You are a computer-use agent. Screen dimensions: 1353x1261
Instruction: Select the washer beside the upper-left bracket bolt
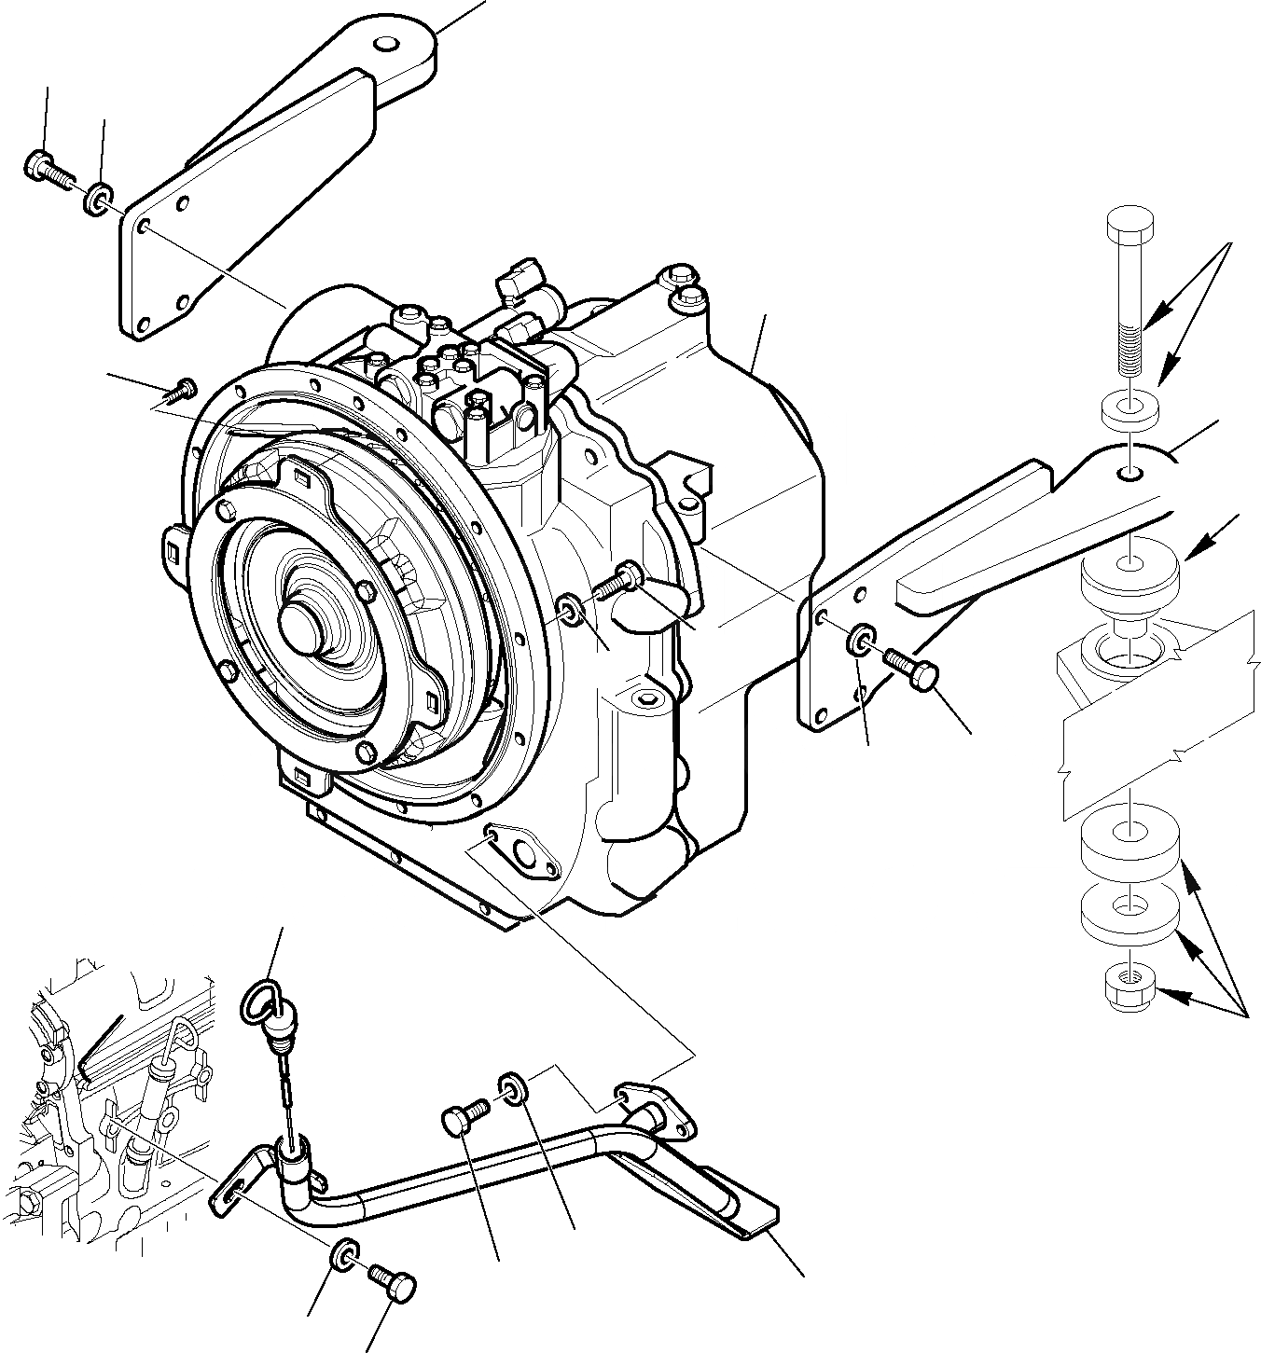tap(98, 200)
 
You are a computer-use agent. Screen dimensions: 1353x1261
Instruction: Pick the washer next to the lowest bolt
tap(343, 1255)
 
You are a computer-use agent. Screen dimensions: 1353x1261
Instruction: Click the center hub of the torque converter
tap(300, 615)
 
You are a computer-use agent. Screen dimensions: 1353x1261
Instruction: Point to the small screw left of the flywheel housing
tap(186, 386)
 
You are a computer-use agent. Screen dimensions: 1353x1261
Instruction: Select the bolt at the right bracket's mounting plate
tap(908, 668)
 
